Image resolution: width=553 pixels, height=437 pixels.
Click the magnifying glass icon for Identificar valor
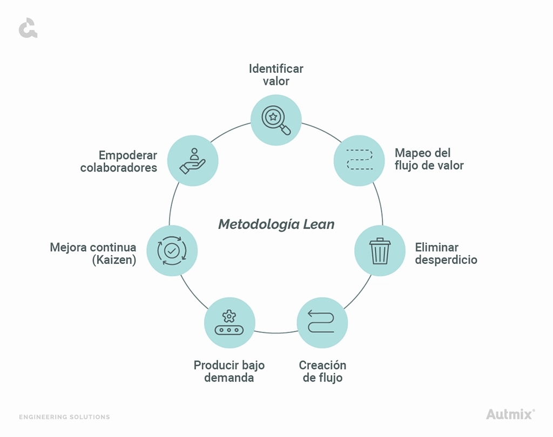tap(276, 120)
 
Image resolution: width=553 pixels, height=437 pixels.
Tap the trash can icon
tap(380, 251)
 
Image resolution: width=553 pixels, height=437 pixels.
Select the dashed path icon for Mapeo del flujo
tap(359, 160)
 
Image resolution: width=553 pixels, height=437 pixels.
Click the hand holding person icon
tap(193, 161)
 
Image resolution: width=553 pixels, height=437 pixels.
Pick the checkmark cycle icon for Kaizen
tap(172, 251)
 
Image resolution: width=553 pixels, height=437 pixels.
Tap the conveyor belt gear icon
tap(230, 323)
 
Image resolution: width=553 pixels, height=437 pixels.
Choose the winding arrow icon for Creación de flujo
tap(322, 323)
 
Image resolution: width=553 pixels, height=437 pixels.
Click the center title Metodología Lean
tap(276, 224)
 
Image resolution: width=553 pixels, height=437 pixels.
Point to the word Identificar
tap(276, 69)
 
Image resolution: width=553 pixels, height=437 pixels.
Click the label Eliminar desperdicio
tap(446, 254)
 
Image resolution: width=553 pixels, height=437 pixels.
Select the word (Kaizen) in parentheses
tap(113, 260)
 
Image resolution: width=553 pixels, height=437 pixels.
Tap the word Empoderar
tap(128, 155)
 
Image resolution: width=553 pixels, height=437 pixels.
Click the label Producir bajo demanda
tap(229, 371)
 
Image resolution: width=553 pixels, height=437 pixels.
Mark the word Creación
tap(322, 365)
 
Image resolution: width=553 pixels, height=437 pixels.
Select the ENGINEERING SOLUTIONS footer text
tap(64, 417)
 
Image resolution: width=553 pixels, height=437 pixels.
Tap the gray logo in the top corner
tap(28, 28)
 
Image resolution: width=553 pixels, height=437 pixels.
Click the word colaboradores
tap(119, 168)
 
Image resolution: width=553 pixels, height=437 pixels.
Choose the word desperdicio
tap(446, 260)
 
